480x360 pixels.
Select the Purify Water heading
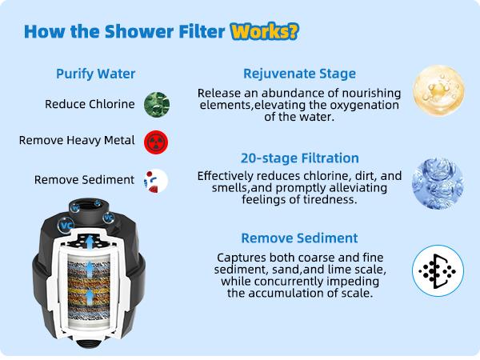pyautogui.click(x=95, y=74)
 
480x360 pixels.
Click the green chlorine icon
pyautogui.click(x=155, y=105)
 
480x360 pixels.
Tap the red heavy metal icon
pyautogui.click(x=155, y=142)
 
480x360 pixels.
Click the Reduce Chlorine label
pyautogui.click(x=89, y=104)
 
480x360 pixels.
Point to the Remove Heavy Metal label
pyautogui.click(x=77, y=141)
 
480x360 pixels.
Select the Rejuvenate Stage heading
pyautogui.click(x=299, y=74)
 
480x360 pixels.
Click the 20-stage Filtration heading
pyautogui.click(x=299, y=158)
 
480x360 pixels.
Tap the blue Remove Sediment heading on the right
pyautogui.click(x=299, y=238)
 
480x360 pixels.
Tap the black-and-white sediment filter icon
pyautogui.click(x=434, y=270)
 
